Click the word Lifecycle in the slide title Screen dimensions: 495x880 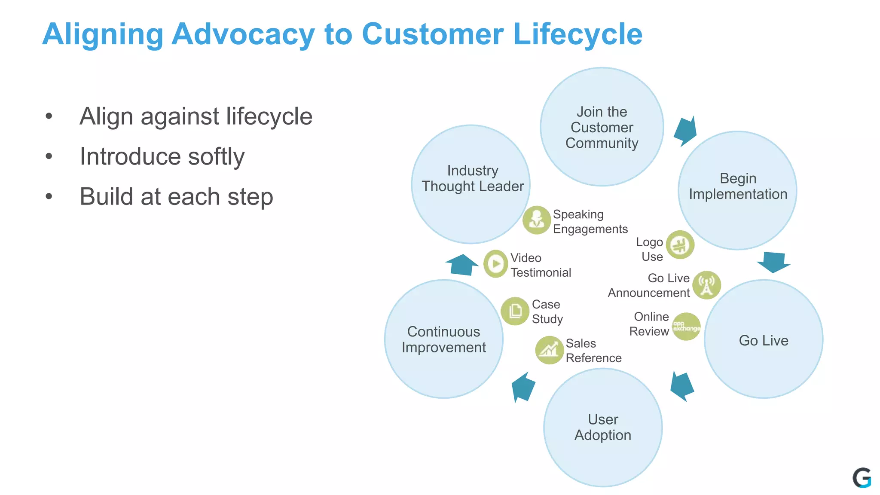(x=577, y=34)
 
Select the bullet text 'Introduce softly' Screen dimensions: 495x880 (x=162, y=156)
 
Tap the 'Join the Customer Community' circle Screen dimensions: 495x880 (x=602, y=127)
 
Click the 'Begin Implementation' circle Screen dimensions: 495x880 (x=737, y=190)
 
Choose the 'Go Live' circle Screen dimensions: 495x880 (x=764, y=339)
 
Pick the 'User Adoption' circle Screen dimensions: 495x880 (x=602, y=428)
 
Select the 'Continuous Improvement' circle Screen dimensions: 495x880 (x=443, y=339)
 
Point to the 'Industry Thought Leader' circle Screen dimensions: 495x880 (x=471, y=185)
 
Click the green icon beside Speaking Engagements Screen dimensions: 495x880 (x=536, y=220)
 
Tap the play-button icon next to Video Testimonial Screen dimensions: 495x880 (x=496, y=264)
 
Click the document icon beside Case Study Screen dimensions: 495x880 (x=515, y=311)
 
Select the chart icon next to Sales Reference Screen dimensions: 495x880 (x=549, y=350)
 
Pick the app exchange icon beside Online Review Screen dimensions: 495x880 (x=686, y=327)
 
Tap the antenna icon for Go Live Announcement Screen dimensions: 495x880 (x=706, y=285)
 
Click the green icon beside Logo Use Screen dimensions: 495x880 (x=680, y=245)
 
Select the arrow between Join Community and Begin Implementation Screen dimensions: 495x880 (x=686, y=131)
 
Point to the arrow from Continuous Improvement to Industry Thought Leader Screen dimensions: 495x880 (x=462, y=264)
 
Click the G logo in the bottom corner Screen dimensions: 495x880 (x=862, y=478)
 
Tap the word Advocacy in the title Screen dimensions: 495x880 (x=243, y=34)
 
